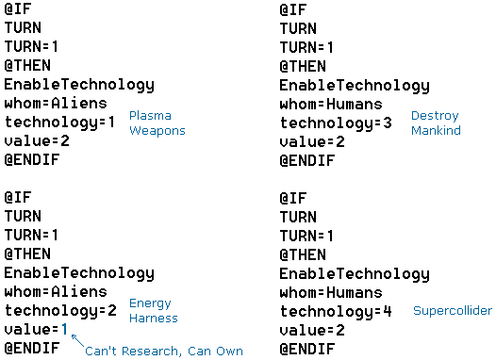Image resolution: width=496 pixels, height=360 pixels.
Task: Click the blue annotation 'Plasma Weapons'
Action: (x=157, y=123)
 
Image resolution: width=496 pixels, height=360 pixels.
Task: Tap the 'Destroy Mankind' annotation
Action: (x=436, y=123)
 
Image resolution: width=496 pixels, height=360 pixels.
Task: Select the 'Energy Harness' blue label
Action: (x=154, y=311)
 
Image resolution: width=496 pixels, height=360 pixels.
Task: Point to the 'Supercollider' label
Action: (x=453, y=310)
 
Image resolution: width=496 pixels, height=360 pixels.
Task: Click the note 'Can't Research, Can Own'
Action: (x=164, y=351)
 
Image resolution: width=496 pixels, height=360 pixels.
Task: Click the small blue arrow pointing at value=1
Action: (x=78, y=341)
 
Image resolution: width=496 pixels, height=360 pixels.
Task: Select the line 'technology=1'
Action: (x=59, y=123)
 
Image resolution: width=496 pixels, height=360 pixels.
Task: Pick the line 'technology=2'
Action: (x=60, y=311)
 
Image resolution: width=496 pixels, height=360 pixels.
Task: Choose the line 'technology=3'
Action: (x=336, y=123)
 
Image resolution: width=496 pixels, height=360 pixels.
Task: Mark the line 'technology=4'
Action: (x=336, y=312)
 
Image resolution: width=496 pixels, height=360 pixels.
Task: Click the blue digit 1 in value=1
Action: (x=64, y=329)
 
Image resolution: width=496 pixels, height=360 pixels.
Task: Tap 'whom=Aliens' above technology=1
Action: (x=56, y=104)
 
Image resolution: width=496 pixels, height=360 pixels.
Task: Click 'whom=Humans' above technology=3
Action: (x=331, y=105)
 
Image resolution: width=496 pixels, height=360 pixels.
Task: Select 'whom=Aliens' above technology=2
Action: (x=56, y=292)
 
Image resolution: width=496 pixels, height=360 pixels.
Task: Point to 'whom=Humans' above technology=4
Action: (x=331, y=293)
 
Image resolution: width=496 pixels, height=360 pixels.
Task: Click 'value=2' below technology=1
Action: (x=37, y=141)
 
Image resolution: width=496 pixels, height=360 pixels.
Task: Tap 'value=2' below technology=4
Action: (x=312, y=330)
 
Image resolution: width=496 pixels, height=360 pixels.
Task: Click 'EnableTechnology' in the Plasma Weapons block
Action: (x=79, y=85)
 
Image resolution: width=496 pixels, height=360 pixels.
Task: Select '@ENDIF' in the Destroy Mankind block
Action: (x=307, y=160)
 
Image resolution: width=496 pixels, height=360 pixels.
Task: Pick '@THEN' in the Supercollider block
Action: (x=303, y=254)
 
